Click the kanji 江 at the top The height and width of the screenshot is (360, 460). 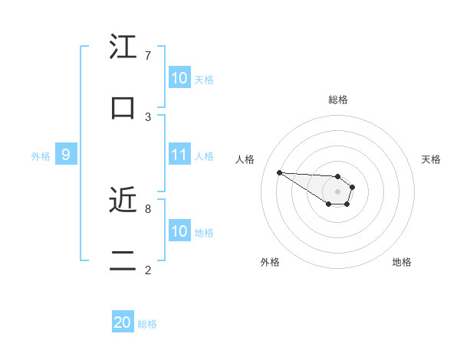click(123, 47)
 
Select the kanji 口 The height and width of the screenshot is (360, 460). click(123, 108)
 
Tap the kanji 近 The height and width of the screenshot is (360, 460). click(123, 200)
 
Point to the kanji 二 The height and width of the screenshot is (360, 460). click(123, 260)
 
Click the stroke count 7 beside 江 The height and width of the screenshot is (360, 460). click(148, 56)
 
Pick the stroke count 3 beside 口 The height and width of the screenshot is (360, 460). click(148, 116)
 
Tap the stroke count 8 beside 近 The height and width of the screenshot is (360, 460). click(148, 208)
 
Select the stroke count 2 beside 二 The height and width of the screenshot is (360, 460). click(148, 270)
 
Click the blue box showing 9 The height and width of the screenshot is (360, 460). click(66, 155)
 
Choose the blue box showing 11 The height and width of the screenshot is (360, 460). click(179, 155)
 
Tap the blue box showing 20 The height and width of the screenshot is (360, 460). click(123, 322)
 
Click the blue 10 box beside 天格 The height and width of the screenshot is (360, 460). click(179, 78)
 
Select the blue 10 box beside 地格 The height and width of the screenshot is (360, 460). click(179, 231)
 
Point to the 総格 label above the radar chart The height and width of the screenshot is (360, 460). click(338, 100)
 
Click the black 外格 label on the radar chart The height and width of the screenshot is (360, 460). click(270, 262)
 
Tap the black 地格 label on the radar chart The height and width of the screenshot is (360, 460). click(402, 262)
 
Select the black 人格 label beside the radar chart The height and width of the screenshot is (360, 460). click(245, 159)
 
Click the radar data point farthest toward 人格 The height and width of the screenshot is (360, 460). click(279, 172)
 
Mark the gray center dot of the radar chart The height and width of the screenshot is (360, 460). click(338, 191)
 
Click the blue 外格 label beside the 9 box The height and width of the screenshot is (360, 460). click(41, 156)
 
